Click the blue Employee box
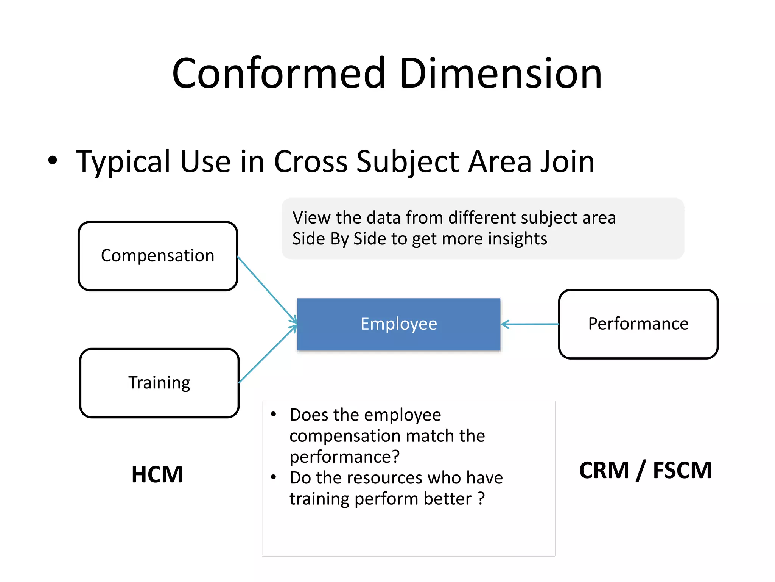pos(398,324)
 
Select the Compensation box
pos(158,256)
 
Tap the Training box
pos(159,383)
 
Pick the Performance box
pos(638,324)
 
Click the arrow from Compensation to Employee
pos(266,289)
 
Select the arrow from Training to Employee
pos(267,355)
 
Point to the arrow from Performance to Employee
pos(530,324)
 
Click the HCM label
pos(157,474)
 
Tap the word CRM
pos(604,470)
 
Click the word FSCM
pos(682,470)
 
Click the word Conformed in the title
pos(279,74)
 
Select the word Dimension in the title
pos(500,74)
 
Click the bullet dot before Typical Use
pos(53,160)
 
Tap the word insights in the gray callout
pos(517,239)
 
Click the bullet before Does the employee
pos(273,414)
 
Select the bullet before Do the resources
pos(273,477)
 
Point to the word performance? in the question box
pos(344,457)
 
